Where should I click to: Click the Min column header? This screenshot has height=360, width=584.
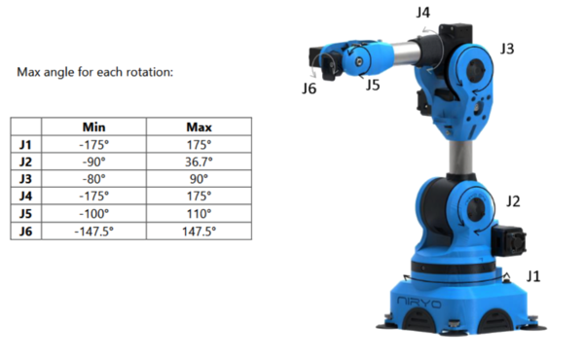point(93,127)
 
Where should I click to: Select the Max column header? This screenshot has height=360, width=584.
point(199,127)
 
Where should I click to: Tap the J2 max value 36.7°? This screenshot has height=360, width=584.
point(199,162)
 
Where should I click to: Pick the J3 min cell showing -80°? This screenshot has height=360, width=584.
point(93,179)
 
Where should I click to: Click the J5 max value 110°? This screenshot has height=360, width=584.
point(199,214)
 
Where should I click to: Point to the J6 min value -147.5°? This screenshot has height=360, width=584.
point(93,232)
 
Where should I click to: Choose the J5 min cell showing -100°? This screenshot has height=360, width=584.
point(93,214)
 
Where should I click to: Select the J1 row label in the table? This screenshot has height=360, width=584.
point(25,144)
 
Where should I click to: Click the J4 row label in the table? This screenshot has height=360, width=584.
point(25,197)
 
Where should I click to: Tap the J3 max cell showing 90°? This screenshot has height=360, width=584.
point(199,179)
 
